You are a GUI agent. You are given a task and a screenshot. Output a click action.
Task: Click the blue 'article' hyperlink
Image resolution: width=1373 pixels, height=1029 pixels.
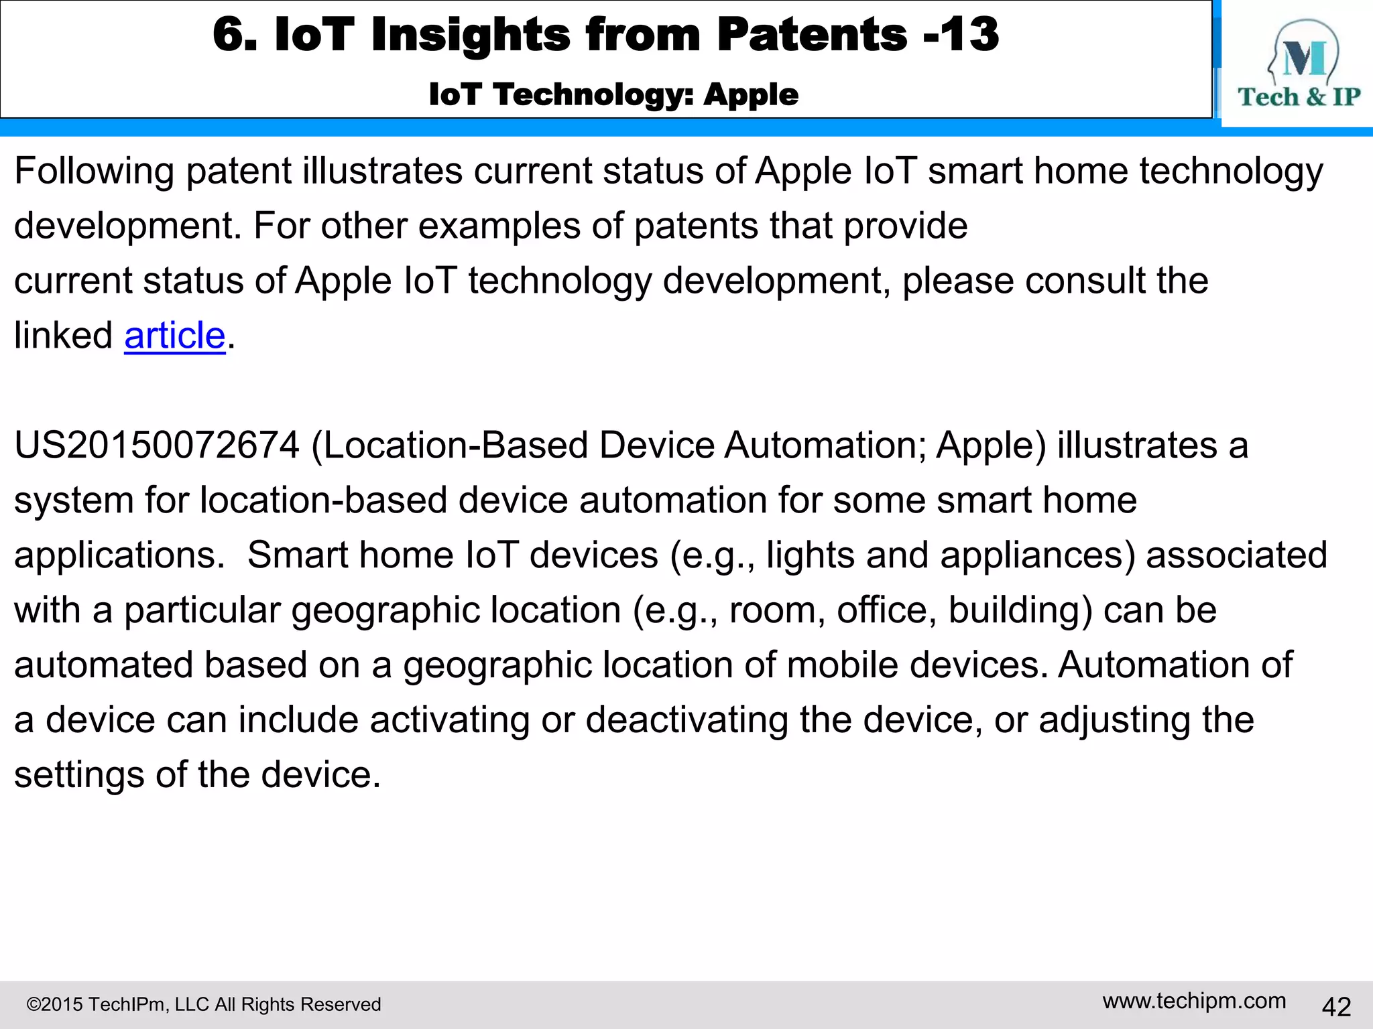click(x=174, y=336)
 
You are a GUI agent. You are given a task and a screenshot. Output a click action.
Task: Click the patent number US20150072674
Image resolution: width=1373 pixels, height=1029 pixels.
click(x=156, y=445)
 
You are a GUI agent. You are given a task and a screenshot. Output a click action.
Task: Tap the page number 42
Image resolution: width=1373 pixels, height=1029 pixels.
click(x=1335, y=1006)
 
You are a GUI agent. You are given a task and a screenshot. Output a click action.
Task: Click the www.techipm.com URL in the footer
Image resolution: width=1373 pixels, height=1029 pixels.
click(x=1194, y=1001)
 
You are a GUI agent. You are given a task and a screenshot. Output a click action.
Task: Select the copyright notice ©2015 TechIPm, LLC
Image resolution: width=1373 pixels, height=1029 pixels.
click(x=203, y=1004)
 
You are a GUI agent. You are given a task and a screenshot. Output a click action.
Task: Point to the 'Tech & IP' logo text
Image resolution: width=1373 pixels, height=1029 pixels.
click(x=1299, y=97)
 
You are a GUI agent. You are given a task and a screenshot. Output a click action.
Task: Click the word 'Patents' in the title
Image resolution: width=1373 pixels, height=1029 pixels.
click(x=812, y=35)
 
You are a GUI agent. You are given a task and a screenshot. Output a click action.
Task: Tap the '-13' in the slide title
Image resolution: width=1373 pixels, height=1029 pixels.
click(x=961, y=35)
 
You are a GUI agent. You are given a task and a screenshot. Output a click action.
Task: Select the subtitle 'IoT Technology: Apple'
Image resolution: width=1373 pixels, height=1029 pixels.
click(x=613, y=94)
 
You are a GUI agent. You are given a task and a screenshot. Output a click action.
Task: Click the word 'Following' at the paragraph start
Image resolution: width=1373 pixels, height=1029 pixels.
click(x=94, y=171)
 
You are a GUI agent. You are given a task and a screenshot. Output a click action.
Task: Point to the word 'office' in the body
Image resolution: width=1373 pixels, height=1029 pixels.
click(x=886, y=610)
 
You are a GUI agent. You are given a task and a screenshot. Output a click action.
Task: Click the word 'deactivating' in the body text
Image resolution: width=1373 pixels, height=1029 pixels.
click(x=686, y=720)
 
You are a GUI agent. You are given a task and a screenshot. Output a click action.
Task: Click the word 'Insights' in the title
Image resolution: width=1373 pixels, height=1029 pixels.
click(x=470, y=35)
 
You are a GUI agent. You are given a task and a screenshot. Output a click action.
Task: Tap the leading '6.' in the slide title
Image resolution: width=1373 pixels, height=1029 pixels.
click(x=235, y=35)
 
